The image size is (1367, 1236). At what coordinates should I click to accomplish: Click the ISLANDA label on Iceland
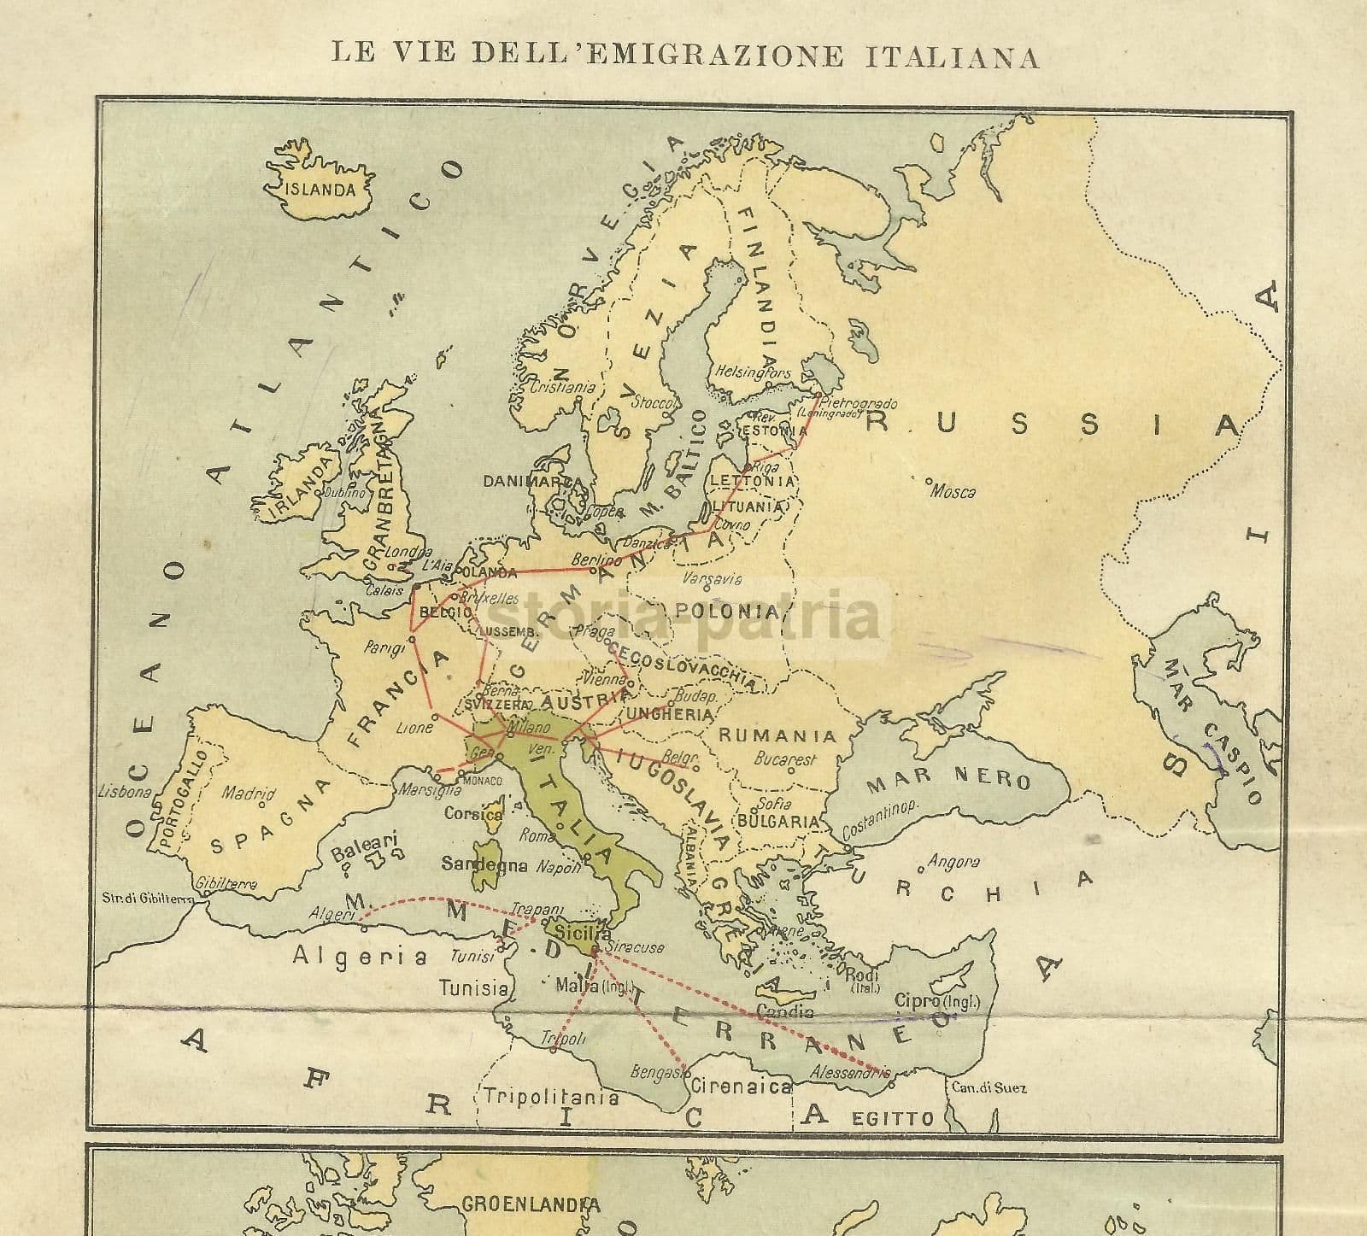click(321, 190)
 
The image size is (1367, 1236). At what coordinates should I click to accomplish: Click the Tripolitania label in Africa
click(550, 1097)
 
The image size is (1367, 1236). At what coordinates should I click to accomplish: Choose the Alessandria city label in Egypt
click(850, 1072)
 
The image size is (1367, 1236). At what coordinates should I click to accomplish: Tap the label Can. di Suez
click(987, 1088)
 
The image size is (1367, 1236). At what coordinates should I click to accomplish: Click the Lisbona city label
click(125, 791)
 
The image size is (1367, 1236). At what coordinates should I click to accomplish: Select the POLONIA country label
click(726, 612)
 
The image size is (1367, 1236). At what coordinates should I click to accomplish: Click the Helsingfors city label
click(754, 373)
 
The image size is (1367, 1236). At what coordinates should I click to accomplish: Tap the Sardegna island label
click(484, 864)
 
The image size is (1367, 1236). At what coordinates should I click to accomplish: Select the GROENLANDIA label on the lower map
click(531, 1204)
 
